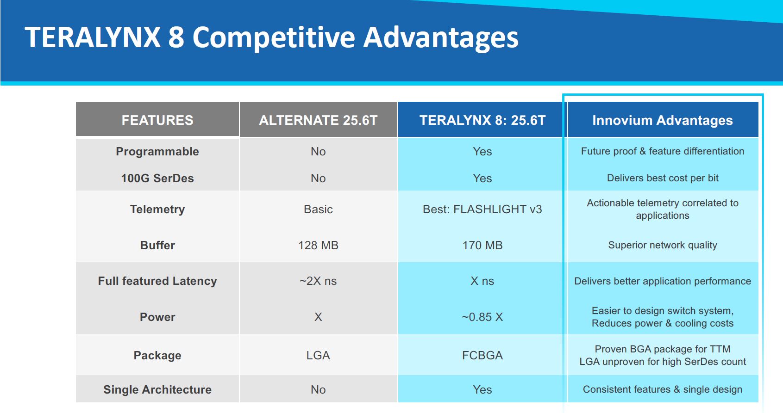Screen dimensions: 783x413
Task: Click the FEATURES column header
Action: (x=157, y=120)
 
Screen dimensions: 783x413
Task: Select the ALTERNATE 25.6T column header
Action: (x=318, y=120)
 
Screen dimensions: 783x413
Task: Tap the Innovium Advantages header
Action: (x=663, y=120)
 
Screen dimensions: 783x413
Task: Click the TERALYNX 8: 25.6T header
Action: (x=482, y=120)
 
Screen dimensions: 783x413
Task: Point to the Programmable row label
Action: (x=157, y=152)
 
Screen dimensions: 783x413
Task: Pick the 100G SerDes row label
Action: (x=157, y=179)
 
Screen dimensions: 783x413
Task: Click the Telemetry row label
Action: (x=157, y=209)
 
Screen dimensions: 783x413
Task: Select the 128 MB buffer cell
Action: (x=318, y=245)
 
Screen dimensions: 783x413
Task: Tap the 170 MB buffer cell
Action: (x=482, y=245)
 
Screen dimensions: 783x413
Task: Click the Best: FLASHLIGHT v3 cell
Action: (x=482, y=209)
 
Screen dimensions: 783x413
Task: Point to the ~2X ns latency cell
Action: (x=318, y=281)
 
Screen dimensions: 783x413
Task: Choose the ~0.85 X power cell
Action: (x=482, y=317)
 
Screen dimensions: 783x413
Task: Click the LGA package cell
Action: (x=318, y=355)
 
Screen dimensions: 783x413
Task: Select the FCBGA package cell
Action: (x=482, y=355)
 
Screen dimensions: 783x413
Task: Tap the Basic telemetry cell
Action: (x=318, y=209)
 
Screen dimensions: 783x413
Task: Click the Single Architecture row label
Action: (x=157, y=389)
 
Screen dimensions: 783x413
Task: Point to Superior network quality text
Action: (x=663, y=245)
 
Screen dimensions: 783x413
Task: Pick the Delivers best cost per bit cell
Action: (x=663, y=178)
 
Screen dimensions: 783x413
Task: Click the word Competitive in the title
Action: (x=274, y=38)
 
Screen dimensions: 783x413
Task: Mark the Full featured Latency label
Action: (x=157, y=281)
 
